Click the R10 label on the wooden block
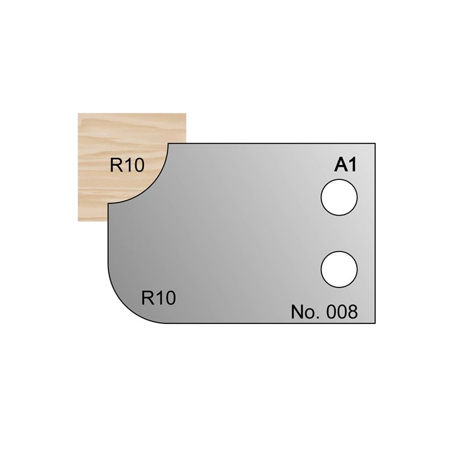(128, 165)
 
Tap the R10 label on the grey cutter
(159, 298)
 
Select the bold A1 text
(345, 165)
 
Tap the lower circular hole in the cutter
(338, 269)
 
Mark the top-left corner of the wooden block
(78, 113)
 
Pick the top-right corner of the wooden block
(186, 113)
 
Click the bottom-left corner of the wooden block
(78, 221)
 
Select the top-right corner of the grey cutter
(376, 144)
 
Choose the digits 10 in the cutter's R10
(166, 298)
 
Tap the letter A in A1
(340, 165)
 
